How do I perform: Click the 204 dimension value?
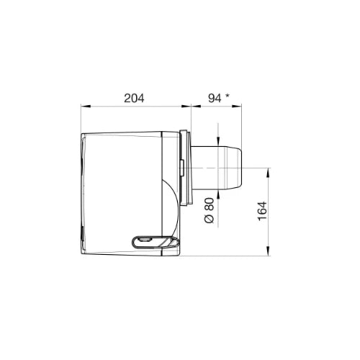click(x=134, y=98)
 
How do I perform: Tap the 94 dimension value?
click(x=215, y=98)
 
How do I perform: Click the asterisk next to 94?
click(x=227, y=96)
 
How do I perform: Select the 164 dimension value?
click(x=262, y=211)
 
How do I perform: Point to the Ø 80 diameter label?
click(x=210, y=210)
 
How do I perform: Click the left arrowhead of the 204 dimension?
click(x=86, y=106)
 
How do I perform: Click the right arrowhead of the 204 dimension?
click(x=186, y=106)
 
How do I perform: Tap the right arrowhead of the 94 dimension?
click(x=237, y=106)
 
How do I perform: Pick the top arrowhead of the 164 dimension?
click(x=268, y=173)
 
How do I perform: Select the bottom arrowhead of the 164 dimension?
click(x=268, y=251)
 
